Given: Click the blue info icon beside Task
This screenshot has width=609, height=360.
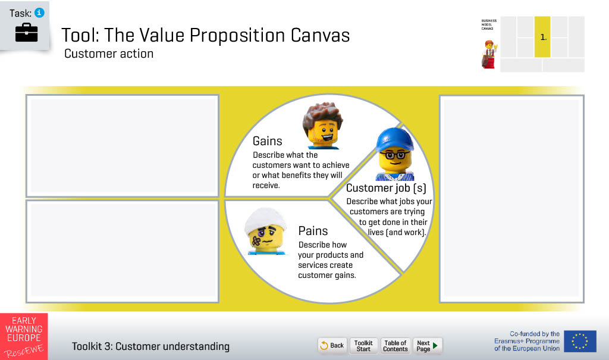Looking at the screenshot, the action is [39, 13].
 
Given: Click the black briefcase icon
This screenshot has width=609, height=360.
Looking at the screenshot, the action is [26, 32].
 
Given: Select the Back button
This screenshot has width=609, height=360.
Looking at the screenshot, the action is [332, 345].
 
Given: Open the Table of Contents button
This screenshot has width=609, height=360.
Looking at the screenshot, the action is [395, 345].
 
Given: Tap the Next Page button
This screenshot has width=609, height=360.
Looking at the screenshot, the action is [427, 345].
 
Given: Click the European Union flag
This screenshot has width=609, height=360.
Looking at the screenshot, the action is [580, 342].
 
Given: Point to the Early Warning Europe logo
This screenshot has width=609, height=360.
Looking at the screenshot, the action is [24, 336].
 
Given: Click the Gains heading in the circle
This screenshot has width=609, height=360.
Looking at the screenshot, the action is [267, 141].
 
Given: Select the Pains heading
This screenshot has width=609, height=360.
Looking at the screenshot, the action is [313, 231].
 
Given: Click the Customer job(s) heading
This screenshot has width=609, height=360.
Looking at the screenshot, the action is [386, 188].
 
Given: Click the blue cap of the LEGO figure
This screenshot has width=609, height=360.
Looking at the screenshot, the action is [394, 140].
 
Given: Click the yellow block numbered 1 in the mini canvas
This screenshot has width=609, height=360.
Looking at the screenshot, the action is [542, 37].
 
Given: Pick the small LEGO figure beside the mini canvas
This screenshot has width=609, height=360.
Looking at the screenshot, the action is [489, 55].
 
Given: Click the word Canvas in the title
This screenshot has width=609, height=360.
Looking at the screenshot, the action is [320, 35].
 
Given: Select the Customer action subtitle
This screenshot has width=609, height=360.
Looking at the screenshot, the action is [109, 54].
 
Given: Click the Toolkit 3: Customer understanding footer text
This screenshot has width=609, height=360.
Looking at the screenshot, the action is [150, 346].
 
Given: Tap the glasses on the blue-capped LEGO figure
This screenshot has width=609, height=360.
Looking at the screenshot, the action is [395, 155].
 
